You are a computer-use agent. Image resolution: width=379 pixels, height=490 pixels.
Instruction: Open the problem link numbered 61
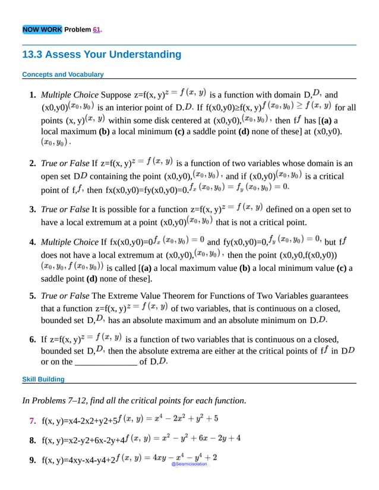(x=97, y=30)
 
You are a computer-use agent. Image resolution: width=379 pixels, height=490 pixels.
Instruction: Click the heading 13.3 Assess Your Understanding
(x=101, y=55)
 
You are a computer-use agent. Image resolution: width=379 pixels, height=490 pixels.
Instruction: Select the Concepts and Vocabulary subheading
(x=62, y=75)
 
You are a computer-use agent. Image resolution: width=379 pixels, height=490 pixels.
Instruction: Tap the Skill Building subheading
(x=43, y=379)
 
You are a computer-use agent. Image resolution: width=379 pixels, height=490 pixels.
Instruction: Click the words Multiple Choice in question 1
(x=70, y=95)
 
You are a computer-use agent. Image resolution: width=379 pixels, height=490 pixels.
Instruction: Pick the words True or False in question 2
(x=65, y=163)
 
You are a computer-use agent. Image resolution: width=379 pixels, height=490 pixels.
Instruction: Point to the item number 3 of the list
(x=33, y=210)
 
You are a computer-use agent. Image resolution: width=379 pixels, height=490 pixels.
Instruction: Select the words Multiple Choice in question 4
(x=70, y=242)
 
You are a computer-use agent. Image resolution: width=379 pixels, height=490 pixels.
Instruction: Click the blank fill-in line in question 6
(x=105, y=361)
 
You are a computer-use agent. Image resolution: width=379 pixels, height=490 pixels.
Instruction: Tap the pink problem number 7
(x=33, y=421)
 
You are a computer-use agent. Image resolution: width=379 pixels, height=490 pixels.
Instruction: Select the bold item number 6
(x=33, y=340)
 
